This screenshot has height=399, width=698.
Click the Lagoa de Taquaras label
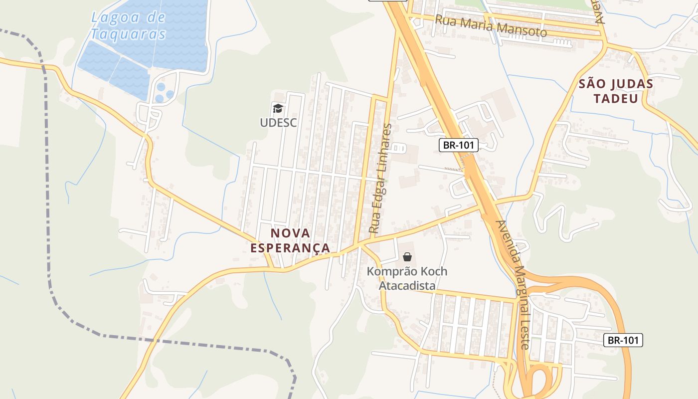click(x=128, y=26)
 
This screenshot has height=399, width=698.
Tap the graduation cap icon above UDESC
click(x=278, y=108)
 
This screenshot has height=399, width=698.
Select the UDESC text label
click(x=278, y=122)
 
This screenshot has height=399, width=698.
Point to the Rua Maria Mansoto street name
click(x=491, y=26)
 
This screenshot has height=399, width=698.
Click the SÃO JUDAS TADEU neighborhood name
click(x=616, y=91)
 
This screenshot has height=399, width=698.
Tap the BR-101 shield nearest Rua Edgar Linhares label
click(x=459, y=145)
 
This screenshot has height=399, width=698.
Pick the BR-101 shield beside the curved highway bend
click(x=623, y=340)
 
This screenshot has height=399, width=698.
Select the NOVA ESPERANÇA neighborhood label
click(x=290, y=240)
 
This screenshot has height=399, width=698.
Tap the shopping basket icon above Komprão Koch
click(x=407, y=257)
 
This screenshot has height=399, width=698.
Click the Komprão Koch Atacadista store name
click(x=407, y=279)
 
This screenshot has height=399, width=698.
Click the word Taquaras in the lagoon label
click(x=128, y=34)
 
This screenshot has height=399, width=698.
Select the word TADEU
click(x=616, y=98)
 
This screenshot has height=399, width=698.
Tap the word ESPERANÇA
click(x=290, y=248)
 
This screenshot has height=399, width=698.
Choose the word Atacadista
click(x=407, y=286)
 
